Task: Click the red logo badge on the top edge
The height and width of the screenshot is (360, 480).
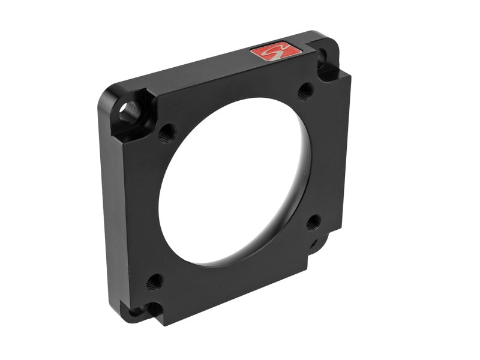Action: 275,52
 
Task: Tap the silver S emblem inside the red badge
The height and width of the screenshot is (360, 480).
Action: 275,52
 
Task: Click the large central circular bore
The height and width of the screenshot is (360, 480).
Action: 240,180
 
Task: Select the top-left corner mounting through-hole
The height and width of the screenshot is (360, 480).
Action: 128,112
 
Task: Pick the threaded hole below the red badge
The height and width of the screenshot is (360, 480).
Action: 305,91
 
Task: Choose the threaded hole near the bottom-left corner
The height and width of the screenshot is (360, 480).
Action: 154,280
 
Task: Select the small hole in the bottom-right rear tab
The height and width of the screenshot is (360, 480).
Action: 313,244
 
